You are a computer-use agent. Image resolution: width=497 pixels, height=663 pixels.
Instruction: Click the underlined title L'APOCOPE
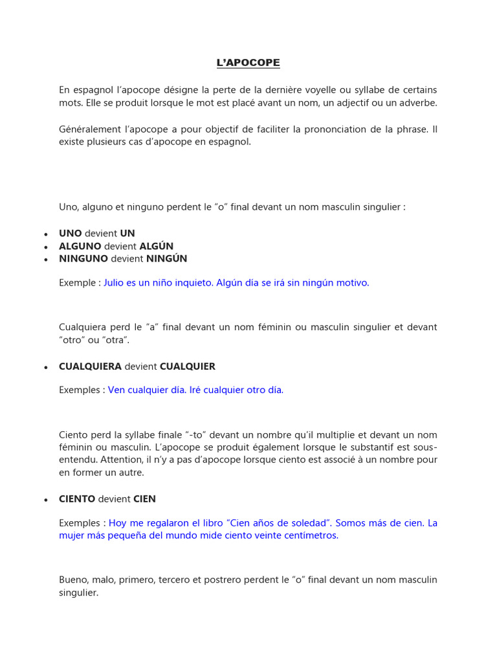point(248,63)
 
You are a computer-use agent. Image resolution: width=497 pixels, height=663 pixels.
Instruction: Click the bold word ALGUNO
point(80,246)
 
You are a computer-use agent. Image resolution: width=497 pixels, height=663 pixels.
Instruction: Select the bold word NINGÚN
point(166,258)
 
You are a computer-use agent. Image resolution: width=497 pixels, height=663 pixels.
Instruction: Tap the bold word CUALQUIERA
point(90,366)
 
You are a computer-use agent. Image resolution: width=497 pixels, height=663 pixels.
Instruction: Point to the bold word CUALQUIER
point(187,366)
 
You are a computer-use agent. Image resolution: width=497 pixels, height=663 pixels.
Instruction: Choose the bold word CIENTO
point(77,499)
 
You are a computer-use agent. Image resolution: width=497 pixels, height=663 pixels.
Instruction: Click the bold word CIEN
point(144,499)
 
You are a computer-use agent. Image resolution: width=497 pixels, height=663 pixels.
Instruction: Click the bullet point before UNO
point(46,234)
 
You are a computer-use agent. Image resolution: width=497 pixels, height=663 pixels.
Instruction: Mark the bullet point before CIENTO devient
point(46,500)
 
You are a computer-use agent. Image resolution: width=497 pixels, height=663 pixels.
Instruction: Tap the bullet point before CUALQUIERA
point(46,367)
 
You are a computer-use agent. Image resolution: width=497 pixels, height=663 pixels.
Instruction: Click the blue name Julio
point(115,283)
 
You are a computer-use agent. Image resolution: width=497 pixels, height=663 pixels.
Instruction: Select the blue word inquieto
point(193,283)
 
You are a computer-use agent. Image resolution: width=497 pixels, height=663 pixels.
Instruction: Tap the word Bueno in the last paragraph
point(72,579)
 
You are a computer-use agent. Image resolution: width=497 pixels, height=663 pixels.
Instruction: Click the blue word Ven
point(116,390)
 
